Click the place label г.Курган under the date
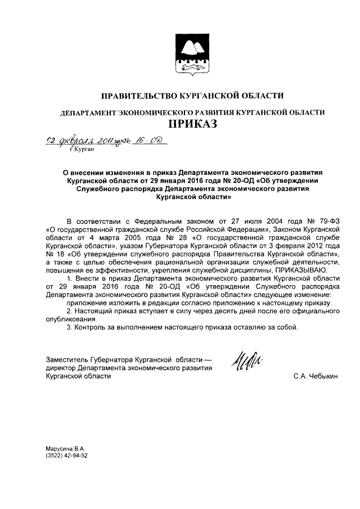click(x=82, y=150)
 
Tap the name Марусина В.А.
click(x=65, y=449)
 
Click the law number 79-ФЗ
click(x=328, y=222)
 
